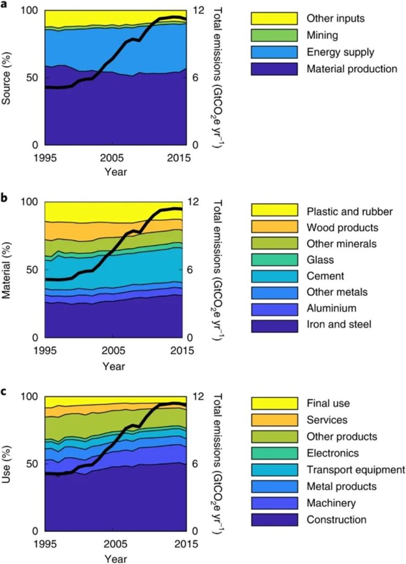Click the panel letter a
[4, 4]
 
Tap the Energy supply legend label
[340, 52]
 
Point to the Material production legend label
[352, 69]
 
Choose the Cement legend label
[325, 276]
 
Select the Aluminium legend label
[332, 308]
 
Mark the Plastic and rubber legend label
[349, 210]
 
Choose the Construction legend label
[336, 519]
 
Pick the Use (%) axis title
[7, 464]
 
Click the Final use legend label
[328, 404]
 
